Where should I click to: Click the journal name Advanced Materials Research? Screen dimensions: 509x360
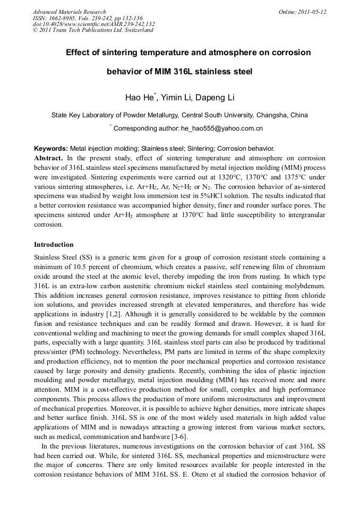point(69,12)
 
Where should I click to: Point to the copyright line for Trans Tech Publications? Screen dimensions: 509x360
point(93,30)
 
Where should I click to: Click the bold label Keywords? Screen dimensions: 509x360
point(51,149)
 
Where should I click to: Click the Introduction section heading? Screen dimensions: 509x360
point(54,245)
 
